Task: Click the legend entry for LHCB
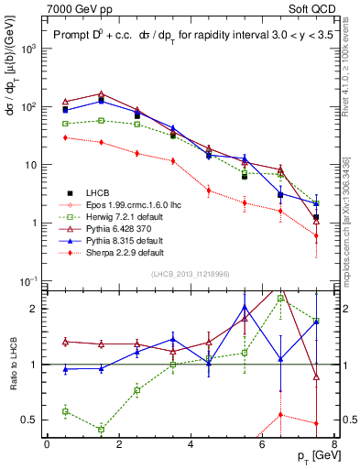100,192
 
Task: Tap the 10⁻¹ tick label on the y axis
28,280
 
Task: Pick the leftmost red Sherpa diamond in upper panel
65,137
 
